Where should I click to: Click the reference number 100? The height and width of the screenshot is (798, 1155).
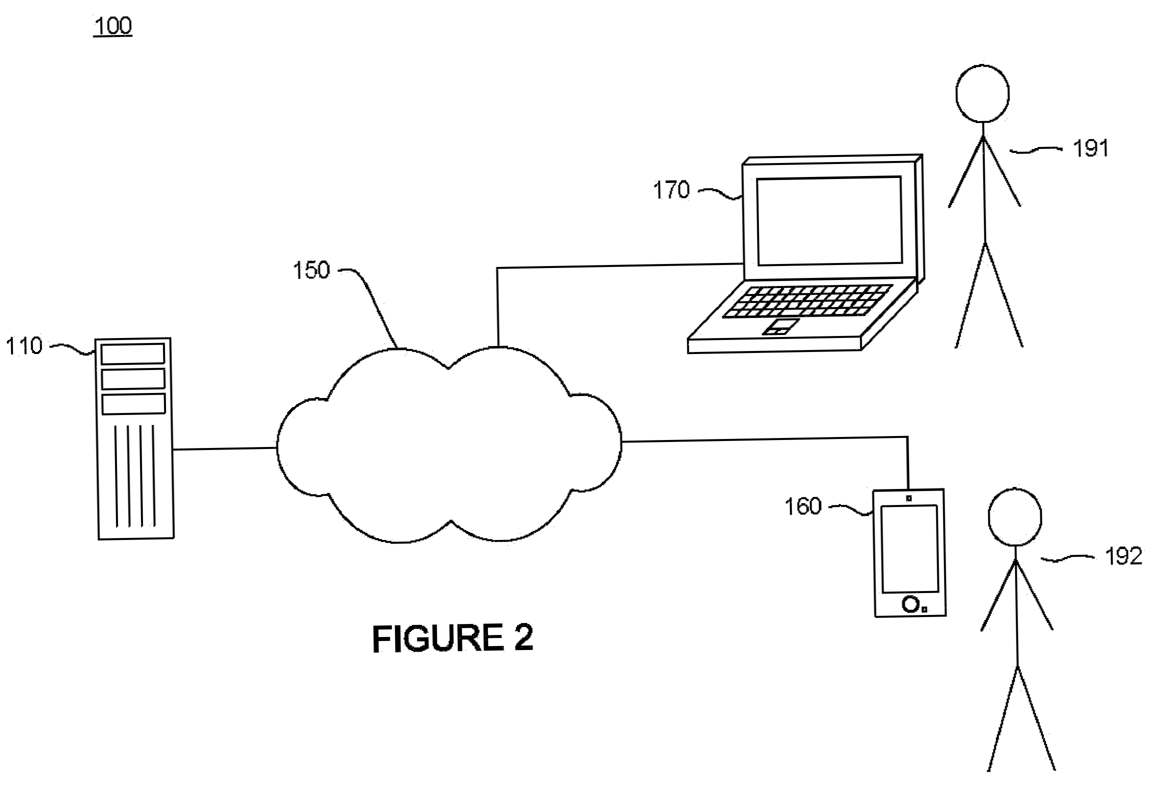(x=112, y=26)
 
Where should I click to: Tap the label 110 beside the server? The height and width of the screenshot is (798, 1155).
(x=23, y=346)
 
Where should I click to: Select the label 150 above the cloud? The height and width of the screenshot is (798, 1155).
(x=311, y=270)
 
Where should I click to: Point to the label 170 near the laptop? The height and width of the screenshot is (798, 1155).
(x=671, y=190)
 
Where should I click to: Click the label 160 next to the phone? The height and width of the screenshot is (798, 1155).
(x=802, y=506)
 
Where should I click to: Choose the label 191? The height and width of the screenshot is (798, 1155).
(x=1090, y=148)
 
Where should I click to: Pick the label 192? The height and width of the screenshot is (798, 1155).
(x=1123, y=556)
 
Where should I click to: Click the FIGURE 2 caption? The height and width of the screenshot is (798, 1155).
(x=452, y=638)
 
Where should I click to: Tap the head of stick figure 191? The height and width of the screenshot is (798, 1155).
(x=982, y=93)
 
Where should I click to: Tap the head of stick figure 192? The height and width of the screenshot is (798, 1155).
(x=1015, y=517)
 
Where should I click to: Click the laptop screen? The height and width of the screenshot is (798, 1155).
(x=829, y=220)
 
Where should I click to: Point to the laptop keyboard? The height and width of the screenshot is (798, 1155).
(x=807, y=301)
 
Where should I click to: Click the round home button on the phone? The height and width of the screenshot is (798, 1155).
(x=909, y=604)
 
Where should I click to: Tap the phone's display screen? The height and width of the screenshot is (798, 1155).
(x=909, y=548)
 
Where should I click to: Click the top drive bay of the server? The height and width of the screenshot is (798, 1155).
(x=132, y=354)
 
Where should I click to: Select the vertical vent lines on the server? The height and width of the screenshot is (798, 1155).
(x=134, y=475)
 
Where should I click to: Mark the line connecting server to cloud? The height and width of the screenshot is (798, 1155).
(x=224, y=448)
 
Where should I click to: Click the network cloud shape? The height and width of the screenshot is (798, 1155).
(x=449, y=445)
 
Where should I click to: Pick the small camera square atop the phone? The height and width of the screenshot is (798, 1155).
(x=908, y=498)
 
